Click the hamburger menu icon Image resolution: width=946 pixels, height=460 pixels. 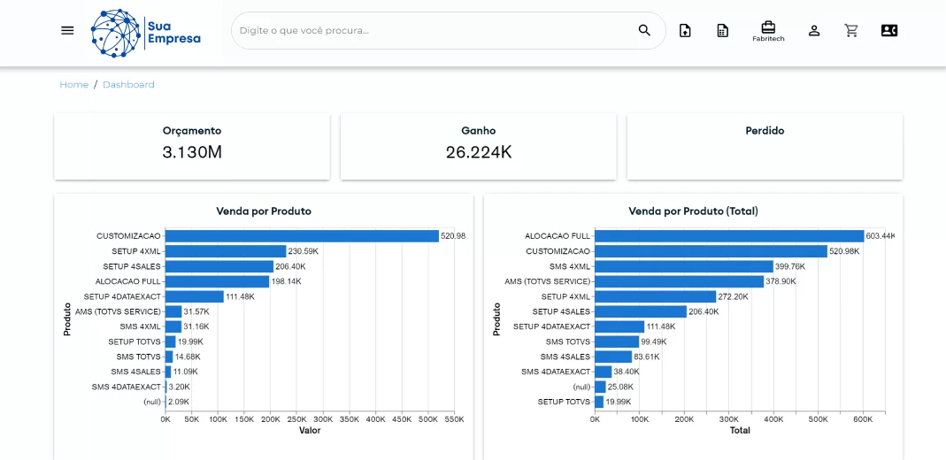[x=67, y=30]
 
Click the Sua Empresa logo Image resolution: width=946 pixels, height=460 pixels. [x=146, y=33]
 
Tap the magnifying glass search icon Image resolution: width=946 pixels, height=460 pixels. [x=644, y=30]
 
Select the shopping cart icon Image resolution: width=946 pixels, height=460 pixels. [x=851, y=30]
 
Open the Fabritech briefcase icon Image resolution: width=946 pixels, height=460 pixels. [x=768, y=30]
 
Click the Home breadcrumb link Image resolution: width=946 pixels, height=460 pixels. [x=73, y=85]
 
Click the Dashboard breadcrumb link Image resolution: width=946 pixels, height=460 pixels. [x=128, y=85]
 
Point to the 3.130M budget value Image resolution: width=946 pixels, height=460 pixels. [x=192, y=152]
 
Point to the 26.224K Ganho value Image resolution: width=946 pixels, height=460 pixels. [x=478, y=152]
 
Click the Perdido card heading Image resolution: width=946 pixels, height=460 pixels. [x=765, y=131]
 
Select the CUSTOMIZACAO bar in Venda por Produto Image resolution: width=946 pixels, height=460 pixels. [x=302, y=236]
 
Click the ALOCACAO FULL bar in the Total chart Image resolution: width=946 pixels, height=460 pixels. [x=729, y=236]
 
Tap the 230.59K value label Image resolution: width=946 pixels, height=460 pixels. [x=304, y=251]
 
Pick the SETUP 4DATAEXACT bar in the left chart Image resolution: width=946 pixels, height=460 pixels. [x=195, y=296]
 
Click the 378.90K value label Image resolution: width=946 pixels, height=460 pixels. [x=781, y=281]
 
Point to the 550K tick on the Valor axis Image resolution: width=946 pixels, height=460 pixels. [x=454, y=419]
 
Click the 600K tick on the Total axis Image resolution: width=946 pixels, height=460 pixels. [x=864, y=419]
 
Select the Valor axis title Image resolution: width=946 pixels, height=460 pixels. [x=309, y=431]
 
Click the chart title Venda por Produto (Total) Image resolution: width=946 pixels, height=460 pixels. [x=693, y=211]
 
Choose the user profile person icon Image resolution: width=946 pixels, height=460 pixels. [x=814, y=30]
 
